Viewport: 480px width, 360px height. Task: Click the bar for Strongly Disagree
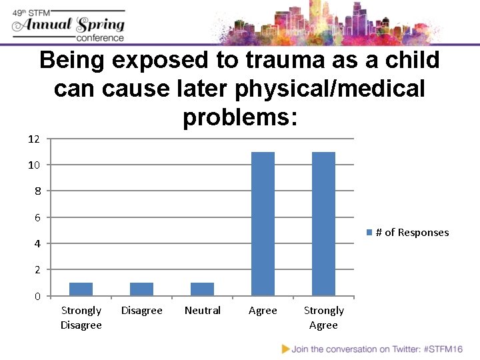[x=81, y=289]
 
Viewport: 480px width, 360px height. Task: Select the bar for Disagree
[x=141, y=289]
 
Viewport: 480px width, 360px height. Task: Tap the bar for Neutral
[x=202, y=289]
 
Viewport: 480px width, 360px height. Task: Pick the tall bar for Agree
[x=263, y=223]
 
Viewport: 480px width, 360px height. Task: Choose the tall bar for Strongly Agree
[x=323, y=223]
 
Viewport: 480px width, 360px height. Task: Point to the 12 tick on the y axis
[x=34, y=139]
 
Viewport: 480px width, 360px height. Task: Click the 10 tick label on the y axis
[x=34, y=165]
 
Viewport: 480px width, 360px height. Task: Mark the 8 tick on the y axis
[x=37, y=191]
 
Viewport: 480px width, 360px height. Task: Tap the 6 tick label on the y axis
[x=37, y=217]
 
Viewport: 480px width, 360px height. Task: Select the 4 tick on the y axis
[x=37, y=243]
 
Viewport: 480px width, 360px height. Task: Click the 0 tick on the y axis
[x=37, y=296]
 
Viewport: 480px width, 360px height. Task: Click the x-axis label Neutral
[x=202, y=311]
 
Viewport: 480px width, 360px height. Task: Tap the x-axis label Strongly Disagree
[x=81, y=317]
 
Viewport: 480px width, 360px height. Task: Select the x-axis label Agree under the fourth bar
[x=263, y=311]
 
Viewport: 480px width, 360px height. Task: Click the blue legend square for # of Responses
[x=369, y=233]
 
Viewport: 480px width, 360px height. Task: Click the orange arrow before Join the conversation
[x=286, y=349]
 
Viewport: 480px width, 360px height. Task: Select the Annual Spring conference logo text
[x=69, y=25]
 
